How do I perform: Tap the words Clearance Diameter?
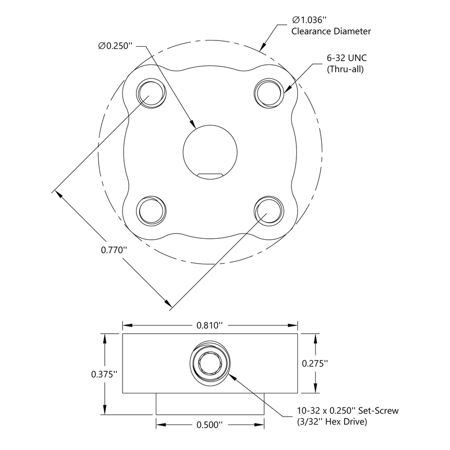click(331, 32)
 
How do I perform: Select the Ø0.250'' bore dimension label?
click(116, 46)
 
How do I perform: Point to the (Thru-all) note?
click(345, 70)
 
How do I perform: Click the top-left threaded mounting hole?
click(151, 94)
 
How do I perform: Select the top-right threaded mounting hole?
click(269, 94)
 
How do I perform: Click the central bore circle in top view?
click(210, 148)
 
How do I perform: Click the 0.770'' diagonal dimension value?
click(114, 250)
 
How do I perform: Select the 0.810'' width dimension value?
click(210, 325)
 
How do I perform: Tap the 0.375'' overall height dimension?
click(104, 374)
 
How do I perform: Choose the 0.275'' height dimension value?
click(315, 364)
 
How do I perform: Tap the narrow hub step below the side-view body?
click(210, 403)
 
